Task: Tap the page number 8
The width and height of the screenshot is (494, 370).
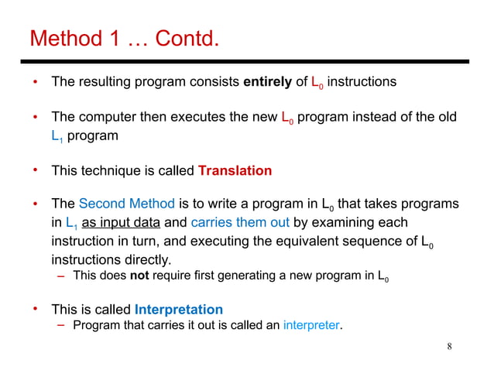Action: [x=450, y=345]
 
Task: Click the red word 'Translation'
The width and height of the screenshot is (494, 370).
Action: [x=235, y=170]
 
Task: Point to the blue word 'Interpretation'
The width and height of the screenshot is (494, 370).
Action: [x=179, y=310]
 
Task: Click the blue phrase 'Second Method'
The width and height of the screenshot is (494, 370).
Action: [x=127, y=204]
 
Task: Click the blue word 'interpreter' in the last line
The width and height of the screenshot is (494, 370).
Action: [x=311, y=325]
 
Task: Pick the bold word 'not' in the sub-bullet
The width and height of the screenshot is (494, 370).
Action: [x=139, y=276]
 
